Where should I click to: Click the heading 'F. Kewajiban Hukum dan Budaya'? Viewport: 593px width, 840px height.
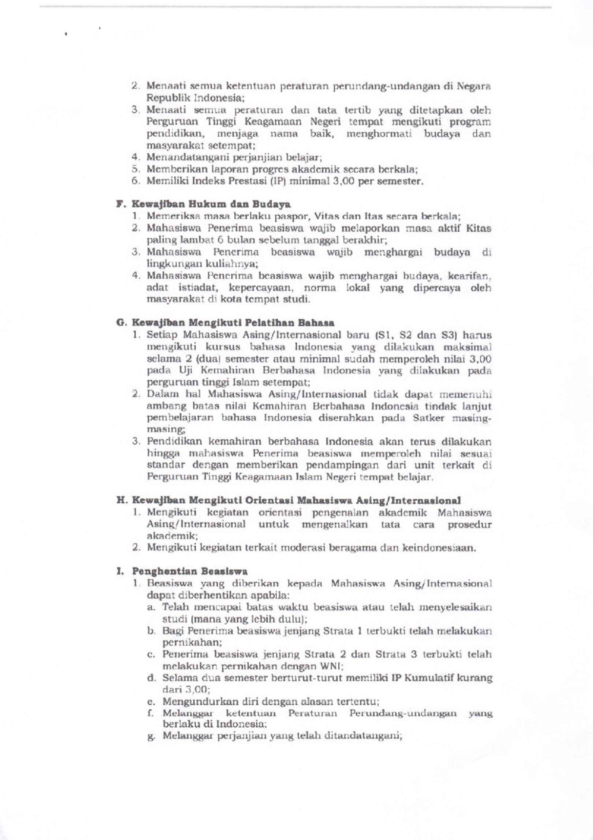click(204, 204)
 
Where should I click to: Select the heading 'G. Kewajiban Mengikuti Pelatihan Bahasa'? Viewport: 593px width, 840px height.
click(225, 323)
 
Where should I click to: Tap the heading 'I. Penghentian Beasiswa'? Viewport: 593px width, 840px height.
click(182, 571)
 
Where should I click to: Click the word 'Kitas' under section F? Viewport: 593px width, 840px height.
click(479, 228)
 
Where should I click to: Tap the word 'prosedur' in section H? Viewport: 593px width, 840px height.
click(470, 525)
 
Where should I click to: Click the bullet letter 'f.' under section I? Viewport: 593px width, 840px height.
click(150, 714)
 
